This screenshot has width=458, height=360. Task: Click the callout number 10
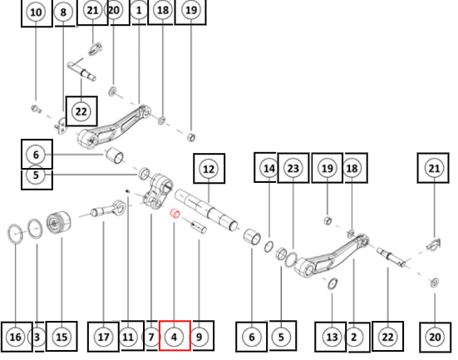click(36, 12)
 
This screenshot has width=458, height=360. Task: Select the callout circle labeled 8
click(63, 12)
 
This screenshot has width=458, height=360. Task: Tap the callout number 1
click(139, 11)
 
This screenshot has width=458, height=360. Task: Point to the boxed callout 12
click(209, 169)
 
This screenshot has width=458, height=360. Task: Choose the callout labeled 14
click(268, 168)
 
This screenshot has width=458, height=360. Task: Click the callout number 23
click(293, 168)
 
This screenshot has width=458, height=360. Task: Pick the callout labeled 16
click(16, 337)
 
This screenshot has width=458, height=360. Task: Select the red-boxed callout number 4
click(175, 337)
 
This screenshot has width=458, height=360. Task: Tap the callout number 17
click(103, 337)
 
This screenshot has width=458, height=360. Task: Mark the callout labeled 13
click(332, 337)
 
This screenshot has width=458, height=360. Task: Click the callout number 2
click(354, 337)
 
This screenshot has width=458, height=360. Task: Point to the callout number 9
click(199, 337)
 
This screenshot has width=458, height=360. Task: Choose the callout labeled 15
click(62, 337)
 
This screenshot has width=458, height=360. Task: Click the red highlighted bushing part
click(175, 214)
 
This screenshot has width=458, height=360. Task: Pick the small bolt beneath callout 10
click(37, 109)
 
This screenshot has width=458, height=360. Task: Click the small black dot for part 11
click(127, 191)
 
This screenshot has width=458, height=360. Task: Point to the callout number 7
click(151, 337)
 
